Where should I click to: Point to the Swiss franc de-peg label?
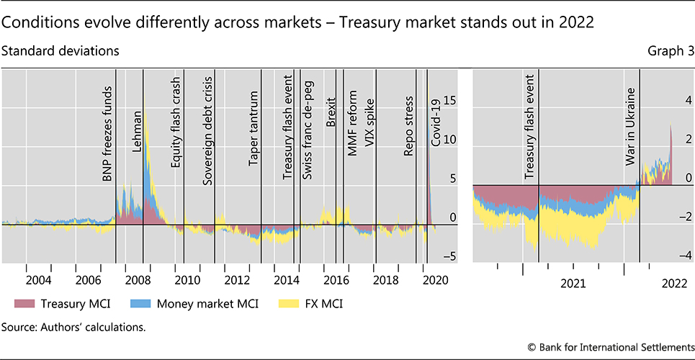pos(306,127)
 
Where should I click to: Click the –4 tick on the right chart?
pos(684,255)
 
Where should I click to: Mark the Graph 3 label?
pos(669,51)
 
